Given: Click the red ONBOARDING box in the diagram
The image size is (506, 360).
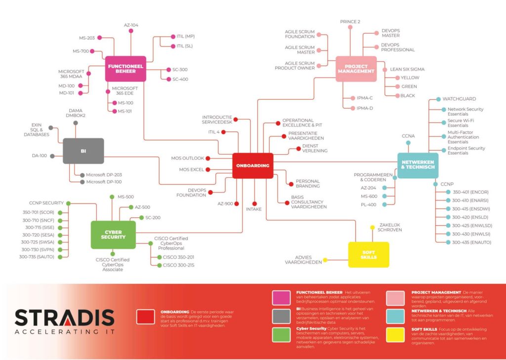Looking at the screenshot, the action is pos(253,166).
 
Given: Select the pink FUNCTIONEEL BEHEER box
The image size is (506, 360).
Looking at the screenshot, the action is pos(126,69).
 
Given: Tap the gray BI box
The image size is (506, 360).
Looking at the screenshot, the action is pos(83,151).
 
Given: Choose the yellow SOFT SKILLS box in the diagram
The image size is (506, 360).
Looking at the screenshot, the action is pos(369,255).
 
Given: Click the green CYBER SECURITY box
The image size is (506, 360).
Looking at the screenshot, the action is pos(113,235).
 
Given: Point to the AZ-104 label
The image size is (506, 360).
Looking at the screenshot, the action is pos(131,25).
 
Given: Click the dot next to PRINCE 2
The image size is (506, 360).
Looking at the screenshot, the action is pos(350,28).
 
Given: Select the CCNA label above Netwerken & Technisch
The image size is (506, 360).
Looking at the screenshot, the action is pos(408,136).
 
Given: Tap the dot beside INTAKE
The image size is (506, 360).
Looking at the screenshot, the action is pos(254,204).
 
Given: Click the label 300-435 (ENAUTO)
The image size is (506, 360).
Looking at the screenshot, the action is pos(471,242).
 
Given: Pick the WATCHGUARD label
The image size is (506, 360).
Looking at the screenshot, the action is pos(459,99).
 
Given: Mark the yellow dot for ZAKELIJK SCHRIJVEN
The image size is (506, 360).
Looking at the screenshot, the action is pos(373,228).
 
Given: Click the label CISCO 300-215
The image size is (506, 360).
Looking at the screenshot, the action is pos(178,266).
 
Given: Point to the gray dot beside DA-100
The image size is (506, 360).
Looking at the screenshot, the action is pos(52,156).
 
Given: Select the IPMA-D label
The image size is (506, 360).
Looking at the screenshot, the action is pos(365,108).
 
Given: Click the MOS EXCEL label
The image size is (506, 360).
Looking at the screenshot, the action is pos(192,170).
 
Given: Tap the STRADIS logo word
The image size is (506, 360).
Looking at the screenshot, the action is pos(65,318).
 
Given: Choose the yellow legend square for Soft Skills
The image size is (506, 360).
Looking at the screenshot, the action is pos(395,334).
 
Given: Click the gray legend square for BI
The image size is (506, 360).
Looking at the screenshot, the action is pos(281,316).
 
